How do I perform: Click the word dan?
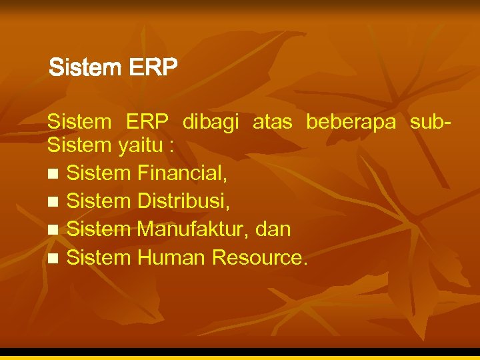pos(273,229)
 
